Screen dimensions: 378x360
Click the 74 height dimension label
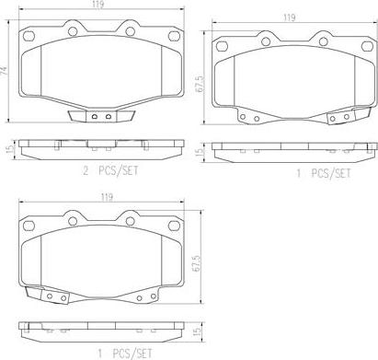pyautogui.click(x=4, y=71)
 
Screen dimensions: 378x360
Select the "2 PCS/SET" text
pyautogui.click(x=110, y=171)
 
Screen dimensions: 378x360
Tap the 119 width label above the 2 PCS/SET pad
pyautogui.click(x=97, y=5)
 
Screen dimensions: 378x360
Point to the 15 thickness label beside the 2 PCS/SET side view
pyautogui.click(x=10, y=149)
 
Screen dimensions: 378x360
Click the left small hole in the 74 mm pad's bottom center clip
pyautogui.click(x=95, y=117)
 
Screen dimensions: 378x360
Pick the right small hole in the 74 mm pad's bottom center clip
pyautogui.click(x=108, y=117)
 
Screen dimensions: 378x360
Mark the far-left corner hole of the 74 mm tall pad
pyautogui.click(x=29, y=36)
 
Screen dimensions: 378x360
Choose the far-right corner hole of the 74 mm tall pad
pyautogui.click(x=174, y=36)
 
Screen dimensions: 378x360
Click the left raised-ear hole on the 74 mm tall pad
pyautogui.click(x=73, y=31)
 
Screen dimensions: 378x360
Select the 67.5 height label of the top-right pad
pyautogui.click(x=200, y=83)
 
